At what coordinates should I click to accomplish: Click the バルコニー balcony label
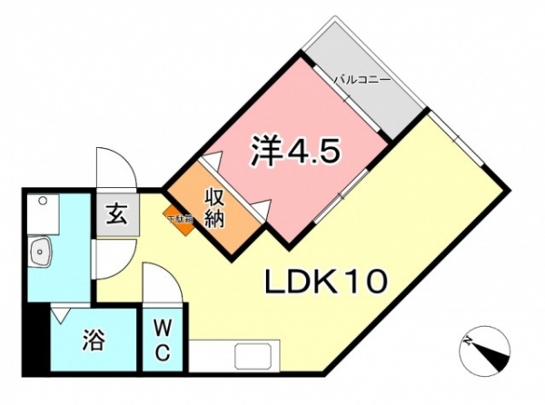click(362, 80)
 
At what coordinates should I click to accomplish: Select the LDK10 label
click(326, 282)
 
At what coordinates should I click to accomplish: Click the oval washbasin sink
click(40, 251)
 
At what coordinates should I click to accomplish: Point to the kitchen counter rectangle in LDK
click(263, 355)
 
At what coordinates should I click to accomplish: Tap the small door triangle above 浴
click(60, 314)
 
